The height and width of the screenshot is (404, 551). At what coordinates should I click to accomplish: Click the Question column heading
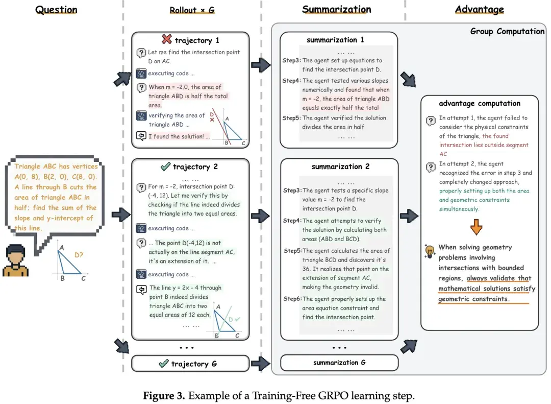point(56,10)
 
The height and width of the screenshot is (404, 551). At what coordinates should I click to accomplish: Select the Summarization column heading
point(336,9)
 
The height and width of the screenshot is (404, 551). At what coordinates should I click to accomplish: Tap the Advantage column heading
point(479,9)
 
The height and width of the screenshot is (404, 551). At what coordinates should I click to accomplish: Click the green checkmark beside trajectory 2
point(165,167)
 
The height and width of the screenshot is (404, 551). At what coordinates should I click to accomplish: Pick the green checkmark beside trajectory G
point(163,364)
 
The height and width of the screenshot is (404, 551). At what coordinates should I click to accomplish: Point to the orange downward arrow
point(476,227)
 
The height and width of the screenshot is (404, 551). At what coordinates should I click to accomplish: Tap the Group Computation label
point(507,32)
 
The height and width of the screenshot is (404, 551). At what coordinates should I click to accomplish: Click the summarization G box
point(339,363)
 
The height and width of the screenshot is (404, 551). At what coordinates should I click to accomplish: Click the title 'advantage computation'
point(479,103)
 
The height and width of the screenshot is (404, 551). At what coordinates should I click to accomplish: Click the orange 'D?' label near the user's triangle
point(79,253)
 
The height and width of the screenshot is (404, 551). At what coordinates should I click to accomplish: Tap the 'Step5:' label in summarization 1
point(291,118)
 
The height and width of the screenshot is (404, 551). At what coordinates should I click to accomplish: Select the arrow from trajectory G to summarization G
point(260,364)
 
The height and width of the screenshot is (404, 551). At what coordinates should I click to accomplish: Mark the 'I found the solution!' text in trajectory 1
point(179,136)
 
